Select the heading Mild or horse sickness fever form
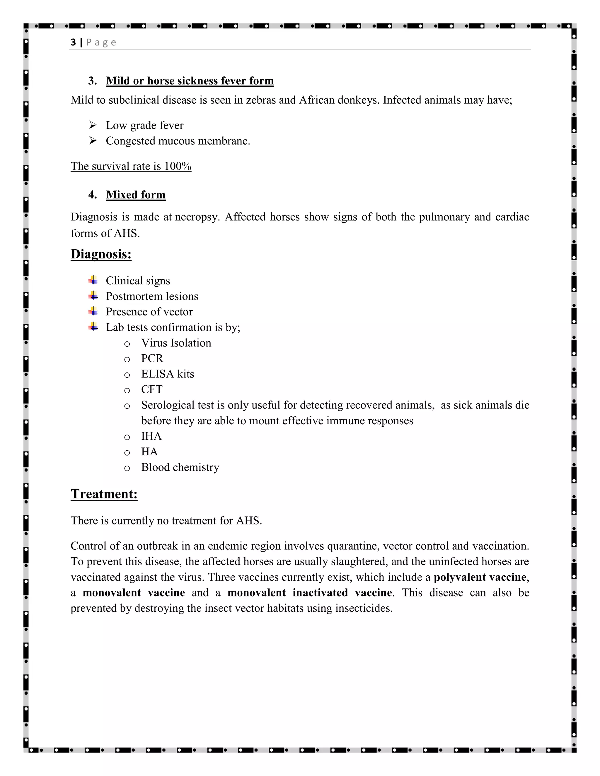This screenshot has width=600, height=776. [190, 81]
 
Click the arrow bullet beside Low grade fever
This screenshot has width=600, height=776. [93, 125]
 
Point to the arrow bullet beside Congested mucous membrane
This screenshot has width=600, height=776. [93, 141]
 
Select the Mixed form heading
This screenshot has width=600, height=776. [135, 195]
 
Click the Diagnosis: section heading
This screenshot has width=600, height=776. [101, 254]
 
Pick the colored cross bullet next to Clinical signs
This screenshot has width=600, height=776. [93, 280]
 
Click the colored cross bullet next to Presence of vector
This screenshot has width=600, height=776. [93, 312]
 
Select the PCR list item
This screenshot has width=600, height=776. [152, 358]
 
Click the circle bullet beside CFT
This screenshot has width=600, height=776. [127, 390]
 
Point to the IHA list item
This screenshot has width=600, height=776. [151, 436]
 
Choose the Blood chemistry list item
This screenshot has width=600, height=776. [180, 467]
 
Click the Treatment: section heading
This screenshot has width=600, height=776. [104, 494]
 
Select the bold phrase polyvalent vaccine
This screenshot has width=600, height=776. [480, 577]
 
